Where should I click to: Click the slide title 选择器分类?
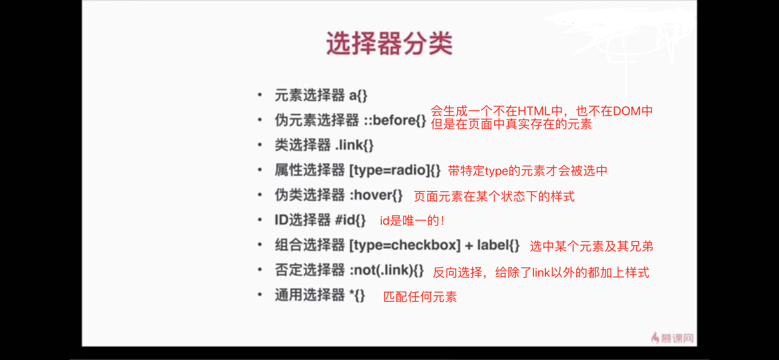coord(389,43)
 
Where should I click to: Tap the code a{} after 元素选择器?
coord(358,95)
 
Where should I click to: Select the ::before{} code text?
coord(395,120)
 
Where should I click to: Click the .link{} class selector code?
coord(354,145)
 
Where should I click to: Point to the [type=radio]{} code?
coord(395,170)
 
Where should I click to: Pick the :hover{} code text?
coord(376,195)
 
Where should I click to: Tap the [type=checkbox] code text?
coord(405,245)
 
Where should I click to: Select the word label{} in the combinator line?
coord(498,245)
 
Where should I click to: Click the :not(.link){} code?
coord(386,270)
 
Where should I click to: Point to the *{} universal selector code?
coord(357,295)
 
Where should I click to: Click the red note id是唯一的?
coord(412,220)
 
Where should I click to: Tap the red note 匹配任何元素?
coord(420,297)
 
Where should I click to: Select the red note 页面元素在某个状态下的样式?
coord(494,197)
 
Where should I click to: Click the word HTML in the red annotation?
coord(534,111)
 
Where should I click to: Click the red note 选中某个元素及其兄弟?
coord(592,247)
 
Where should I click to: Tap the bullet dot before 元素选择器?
coord(260,95)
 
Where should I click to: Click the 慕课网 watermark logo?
coord(672,338)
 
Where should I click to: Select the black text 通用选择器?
coord(310,295)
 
